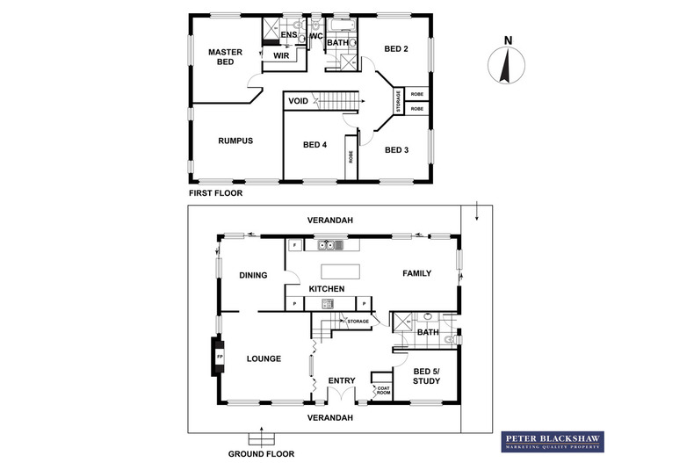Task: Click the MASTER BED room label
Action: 225,57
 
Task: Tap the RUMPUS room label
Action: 235,141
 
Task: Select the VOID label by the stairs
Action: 298,101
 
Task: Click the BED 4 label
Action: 314,145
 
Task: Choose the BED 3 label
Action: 396,149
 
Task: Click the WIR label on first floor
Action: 282,55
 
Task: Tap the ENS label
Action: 287,34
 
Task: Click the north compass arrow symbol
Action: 507,67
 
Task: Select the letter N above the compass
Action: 507,39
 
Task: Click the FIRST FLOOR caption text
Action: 215,192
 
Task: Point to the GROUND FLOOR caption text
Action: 261,454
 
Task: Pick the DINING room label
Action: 253,275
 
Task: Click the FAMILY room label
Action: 416,273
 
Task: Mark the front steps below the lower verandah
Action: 261,438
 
